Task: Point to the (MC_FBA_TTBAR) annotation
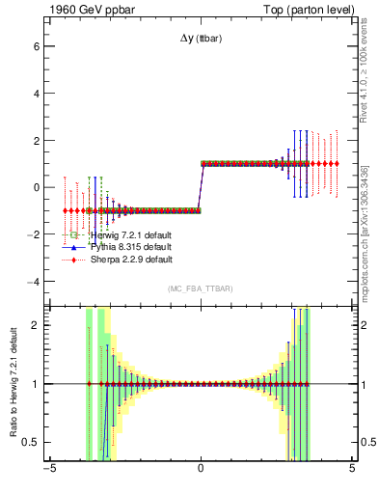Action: (200, 288)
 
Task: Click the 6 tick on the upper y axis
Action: (35, 45)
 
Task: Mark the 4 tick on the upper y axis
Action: (35, 93)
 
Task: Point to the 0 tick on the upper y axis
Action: (35, 187)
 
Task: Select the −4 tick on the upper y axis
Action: (32, 282)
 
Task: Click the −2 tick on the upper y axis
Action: (32, 234)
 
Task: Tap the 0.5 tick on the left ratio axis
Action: (30, 442)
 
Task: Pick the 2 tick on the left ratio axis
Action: (35, 325)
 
